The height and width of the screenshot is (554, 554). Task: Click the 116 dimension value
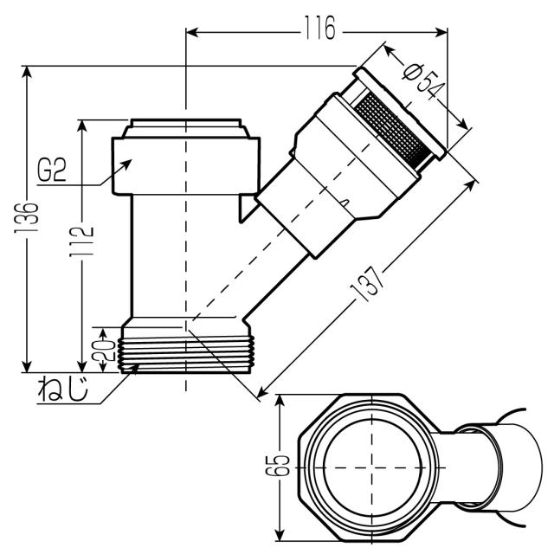(x=319, y=29)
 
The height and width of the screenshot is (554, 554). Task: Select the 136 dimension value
(x=26, y=217)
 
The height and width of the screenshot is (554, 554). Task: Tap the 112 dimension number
(x=82, y=242)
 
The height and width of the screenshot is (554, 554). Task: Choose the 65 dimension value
(x=278, y=466)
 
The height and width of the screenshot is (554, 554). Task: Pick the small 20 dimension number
(x=103, y=350)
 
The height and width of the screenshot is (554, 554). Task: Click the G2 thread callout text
(x=52, y=171)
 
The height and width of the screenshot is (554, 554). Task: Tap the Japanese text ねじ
(x=63, y=389)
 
